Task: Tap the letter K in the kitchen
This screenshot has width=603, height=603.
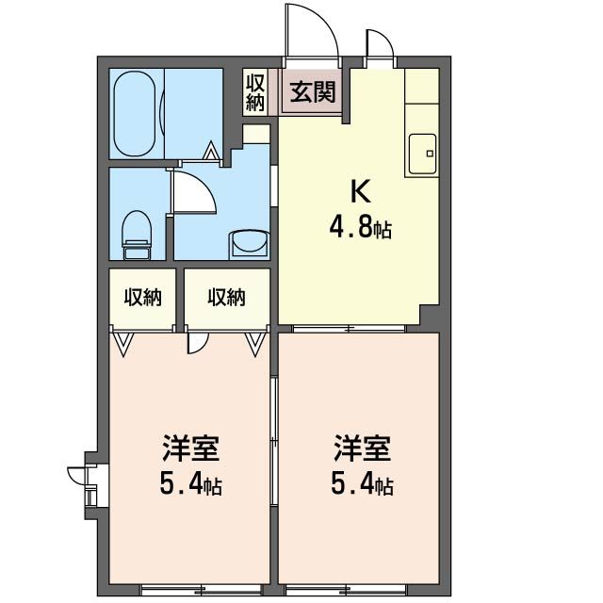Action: [361, 192]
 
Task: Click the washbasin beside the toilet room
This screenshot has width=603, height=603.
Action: [248, 244]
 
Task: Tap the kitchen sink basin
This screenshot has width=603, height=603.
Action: [422, 151]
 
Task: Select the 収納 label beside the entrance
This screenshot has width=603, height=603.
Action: [254, 91]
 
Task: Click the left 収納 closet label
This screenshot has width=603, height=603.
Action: [142, 298]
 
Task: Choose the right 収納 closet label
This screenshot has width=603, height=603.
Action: [226, 298]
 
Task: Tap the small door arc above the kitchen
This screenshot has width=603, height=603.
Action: [379, 45]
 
